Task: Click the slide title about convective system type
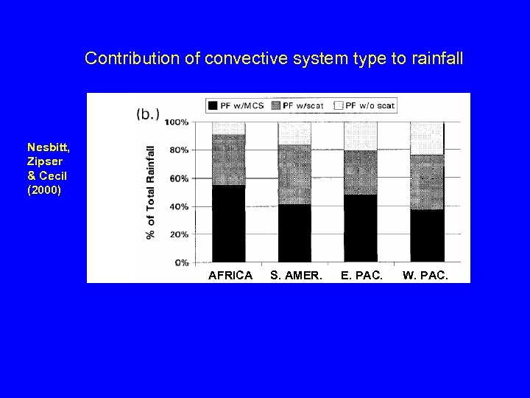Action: (274, 58)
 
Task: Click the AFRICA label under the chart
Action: (230, 276)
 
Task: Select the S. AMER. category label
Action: (294, 276)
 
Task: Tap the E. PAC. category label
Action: (361, 276)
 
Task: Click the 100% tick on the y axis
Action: (177, 122)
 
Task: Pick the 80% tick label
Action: (179, 150)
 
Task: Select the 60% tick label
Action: (179, 178)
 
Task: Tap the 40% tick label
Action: (179, 206)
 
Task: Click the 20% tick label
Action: (179, 234)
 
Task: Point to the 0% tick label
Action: (181, 262)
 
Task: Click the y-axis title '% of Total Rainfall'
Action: (151, 192)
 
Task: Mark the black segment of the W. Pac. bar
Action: (427, 236)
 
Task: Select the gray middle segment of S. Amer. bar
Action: (294, 175)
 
